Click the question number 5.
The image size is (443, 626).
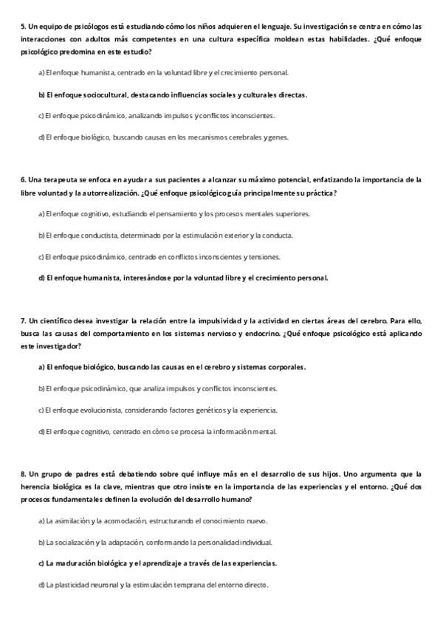point(23,26)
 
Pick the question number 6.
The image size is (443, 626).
point(23,179)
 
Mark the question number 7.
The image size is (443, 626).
point(23,320)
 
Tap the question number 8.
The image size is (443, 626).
point(23,474)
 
